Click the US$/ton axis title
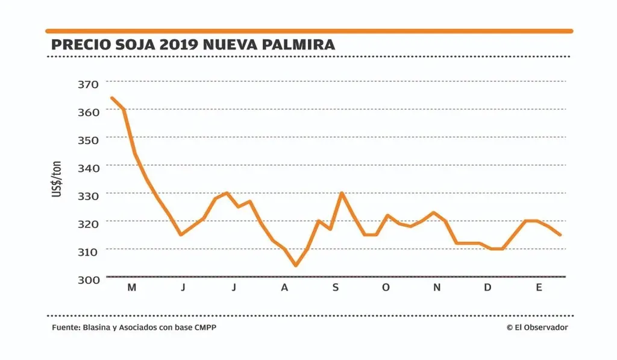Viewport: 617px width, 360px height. point(57,179)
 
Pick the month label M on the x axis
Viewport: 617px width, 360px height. point(131,288)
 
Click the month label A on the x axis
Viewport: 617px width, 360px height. point(284,288)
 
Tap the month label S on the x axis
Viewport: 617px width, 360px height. point(335,288)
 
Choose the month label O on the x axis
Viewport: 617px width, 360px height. point(386,288)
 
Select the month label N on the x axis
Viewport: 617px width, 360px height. point(437,288)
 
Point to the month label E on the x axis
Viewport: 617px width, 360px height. point(539,288)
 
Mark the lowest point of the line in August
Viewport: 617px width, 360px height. point(295,265)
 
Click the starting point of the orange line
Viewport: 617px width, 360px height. point(111,98)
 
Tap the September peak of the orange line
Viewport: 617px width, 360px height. point(342,193)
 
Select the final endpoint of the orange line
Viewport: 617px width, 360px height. point(560,235)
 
